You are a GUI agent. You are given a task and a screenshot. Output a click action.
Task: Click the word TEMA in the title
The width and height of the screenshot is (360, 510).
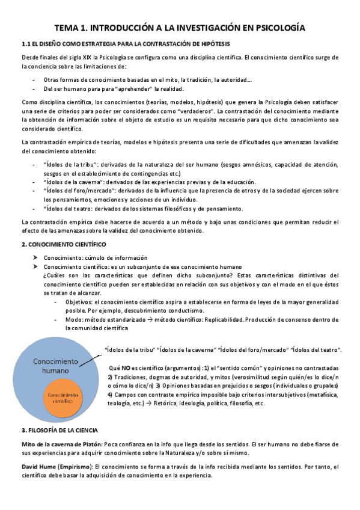point(68,28)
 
